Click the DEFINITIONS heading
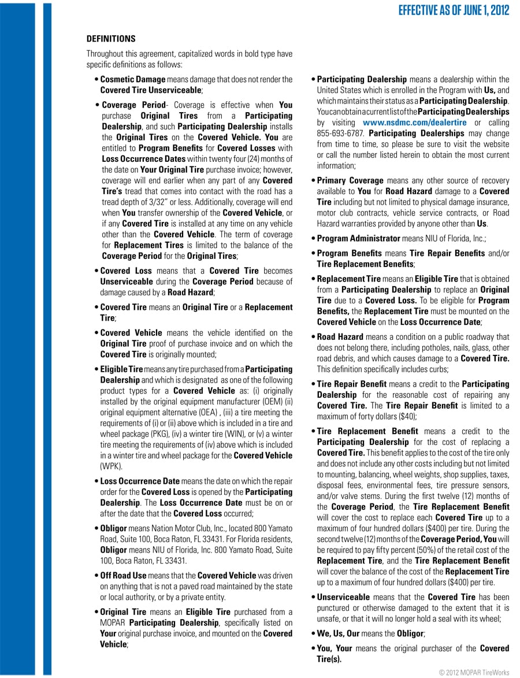tap(111, 39)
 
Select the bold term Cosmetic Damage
tap(133, 79)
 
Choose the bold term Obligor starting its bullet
tap(113, 528)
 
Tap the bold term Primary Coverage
tap(350, 180)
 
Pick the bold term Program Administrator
tap(359, 238)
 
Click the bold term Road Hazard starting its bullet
tap(340, 336)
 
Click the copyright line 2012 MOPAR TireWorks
tap(474, 672)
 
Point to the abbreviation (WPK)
tap(110, 466)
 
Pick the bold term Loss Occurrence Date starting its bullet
tap(140, 481)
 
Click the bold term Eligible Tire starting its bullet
tap(121, 369)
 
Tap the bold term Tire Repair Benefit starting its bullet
tap(348, 384)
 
